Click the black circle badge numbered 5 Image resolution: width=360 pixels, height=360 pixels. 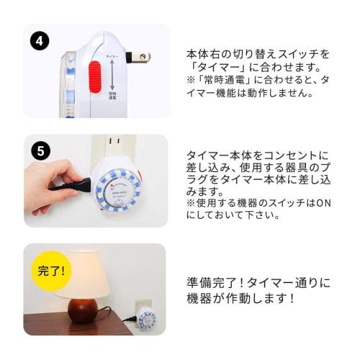coord(40,152)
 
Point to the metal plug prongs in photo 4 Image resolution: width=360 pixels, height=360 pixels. coord(140,56)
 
